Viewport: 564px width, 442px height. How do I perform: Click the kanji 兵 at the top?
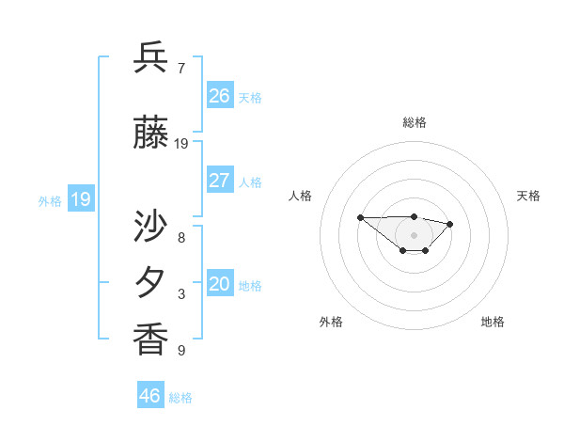(x=151, y=58)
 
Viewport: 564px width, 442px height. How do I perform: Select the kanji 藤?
(x=151, y=134)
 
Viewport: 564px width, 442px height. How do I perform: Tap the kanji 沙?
(x=151, y=228)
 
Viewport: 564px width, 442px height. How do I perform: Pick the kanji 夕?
(x=151, y=282)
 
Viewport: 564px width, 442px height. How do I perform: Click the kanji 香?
(x=151, y=339)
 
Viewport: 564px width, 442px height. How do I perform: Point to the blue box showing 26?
(x=220, y=95)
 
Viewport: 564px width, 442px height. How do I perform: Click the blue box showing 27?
(x=220, y=181)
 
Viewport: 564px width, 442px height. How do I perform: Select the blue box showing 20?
(x=220, y=284)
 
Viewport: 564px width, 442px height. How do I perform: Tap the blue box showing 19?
(x=80, y=198)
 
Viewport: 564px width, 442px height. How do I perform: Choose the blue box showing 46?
(x=150, y=395)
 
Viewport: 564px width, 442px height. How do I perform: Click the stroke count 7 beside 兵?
(x=180, y=69)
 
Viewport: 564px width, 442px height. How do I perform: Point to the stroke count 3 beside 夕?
(x=180, y=294)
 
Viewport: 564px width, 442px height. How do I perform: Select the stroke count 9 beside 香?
(x=180, y=351)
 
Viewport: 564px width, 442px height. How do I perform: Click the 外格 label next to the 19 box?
(x=50, y=200)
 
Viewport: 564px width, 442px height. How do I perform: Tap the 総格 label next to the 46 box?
(x=180, y=398)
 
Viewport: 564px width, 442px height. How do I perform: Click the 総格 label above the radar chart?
(x=415, y=122)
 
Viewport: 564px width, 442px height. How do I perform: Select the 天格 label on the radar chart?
(x=528, y=196)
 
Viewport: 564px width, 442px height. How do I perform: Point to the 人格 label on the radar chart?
(x=301, y=196)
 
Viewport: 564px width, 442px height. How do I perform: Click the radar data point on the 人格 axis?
(x=361, y=217)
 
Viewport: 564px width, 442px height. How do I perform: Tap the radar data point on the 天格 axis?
(x=450, y=224)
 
